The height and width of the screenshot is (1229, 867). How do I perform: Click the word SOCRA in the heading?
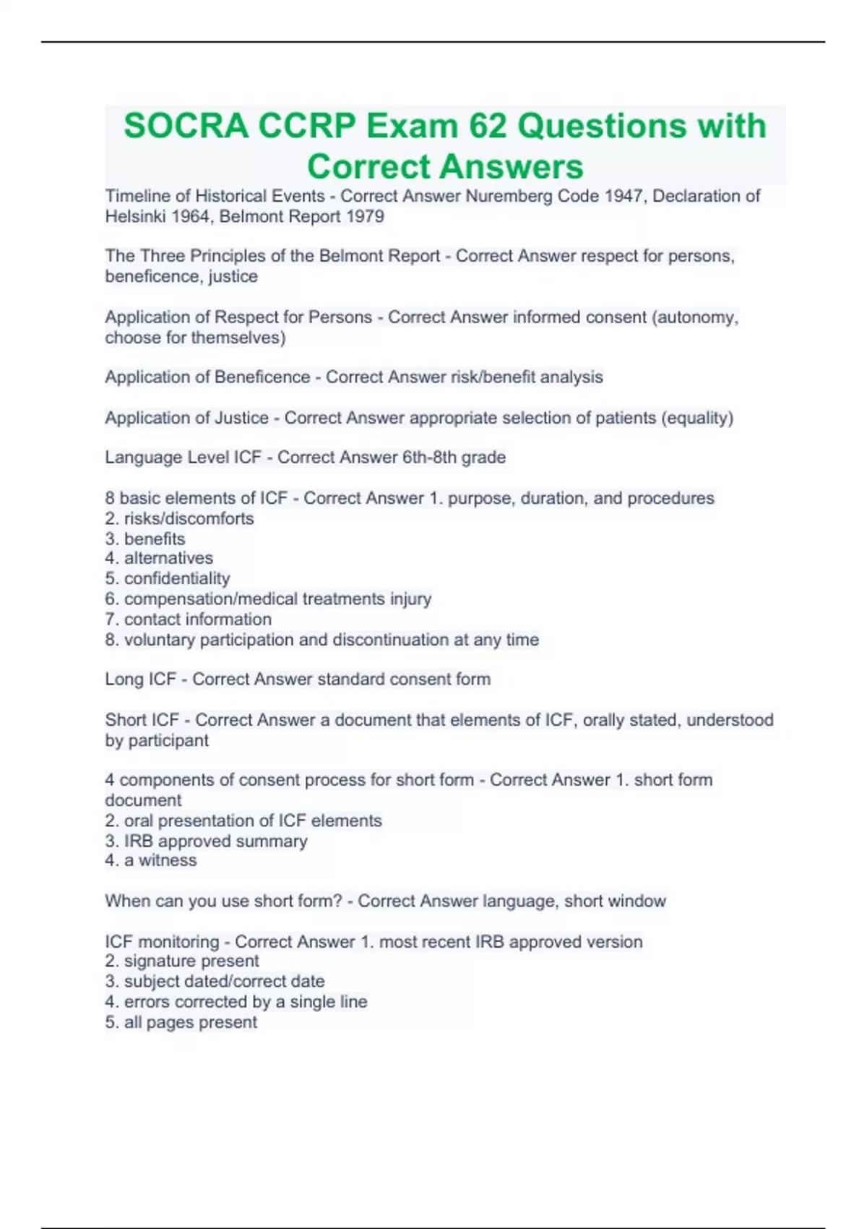(186, 126)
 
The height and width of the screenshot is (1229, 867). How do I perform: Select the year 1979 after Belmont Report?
(365, 216)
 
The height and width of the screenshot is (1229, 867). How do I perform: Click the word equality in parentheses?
(696, 418)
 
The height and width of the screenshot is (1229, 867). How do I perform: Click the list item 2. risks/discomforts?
(179, 518)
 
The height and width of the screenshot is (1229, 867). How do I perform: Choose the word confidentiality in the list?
(177, 578)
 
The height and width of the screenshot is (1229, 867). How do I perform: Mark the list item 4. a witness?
(150, 860)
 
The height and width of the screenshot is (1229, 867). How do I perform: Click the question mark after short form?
(338, 901)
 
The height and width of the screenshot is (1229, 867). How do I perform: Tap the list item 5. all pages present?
(181, 1022)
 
